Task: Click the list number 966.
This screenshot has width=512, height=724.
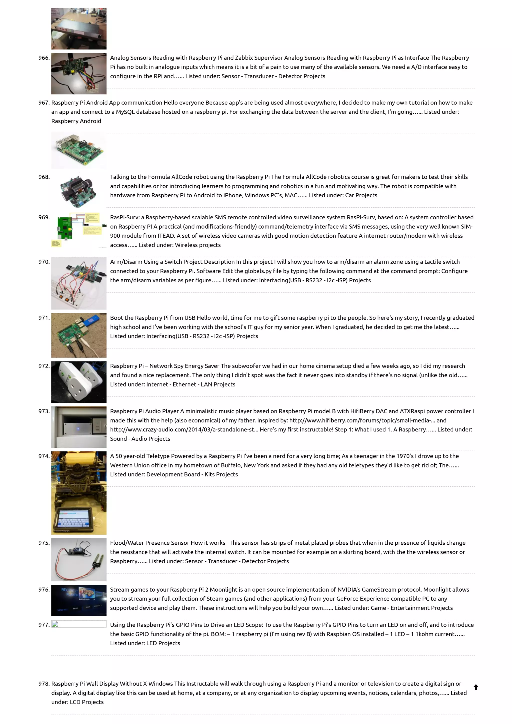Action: pos(44,58)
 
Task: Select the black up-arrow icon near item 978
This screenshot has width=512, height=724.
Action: pos(476,687)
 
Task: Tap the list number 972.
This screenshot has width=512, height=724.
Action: pos(44,366)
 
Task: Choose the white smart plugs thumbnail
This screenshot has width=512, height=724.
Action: pos(78,382)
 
